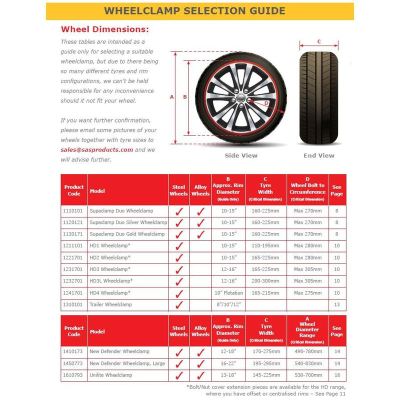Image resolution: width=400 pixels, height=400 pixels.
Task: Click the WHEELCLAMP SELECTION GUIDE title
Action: (x=200, y=11)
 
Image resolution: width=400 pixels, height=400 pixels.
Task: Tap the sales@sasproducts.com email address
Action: (x=97, y=149)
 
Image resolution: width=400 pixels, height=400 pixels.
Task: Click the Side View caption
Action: (x=241, y=155)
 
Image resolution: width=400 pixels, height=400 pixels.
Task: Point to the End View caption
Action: (x=319, y=155)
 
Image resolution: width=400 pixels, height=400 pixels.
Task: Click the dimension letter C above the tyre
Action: (x=319, y=41)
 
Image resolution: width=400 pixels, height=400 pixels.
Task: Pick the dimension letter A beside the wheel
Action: (x=171, y=97)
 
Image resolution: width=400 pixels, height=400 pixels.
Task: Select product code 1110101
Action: (x=73, y=211)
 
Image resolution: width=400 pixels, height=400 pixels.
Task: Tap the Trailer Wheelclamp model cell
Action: (x=110, y=304)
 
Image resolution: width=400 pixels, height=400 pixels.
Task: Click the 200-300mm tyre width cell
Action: (x=265, y=281)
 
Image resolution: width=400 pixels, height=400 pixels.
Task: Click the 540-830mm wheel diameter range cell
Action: (x=307, y=363)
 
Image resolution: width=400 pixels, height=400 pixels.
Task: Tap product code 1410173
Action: (x=73, y=351)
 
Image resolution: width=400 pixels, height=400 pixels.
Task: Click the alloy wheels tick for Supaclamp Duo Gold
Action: (x=200, y=234)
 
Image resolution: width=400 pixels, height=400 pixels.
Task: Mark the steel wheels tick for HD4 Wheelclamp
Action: (x=179, y=293)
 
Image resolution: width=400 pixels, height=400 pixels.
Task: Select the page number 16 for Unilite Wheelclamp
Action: (x=337, y=374)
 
